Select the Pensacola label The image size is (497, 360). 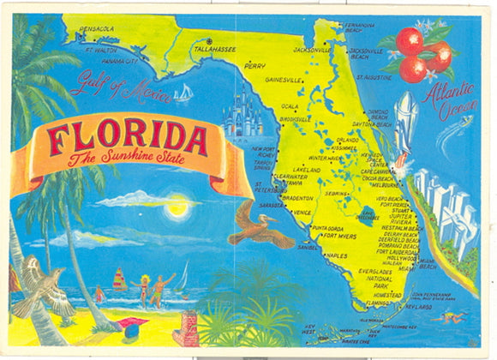point(94,28)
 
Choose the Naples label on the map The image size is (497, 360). point(336,255)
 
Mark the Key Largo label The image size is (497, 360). point(418,305)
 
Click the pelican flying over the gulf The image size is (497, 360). point(261,223)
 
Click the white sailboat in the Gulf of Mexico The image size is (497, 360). point(183,92)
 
